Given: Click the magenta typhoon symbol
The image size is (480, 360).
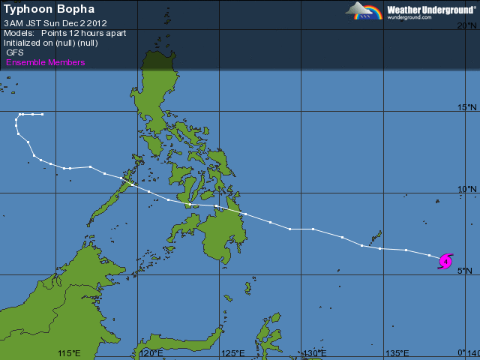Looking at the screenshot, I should coord(445,261).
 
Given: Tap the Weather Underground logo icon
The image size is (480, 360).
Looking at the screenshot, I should coord(364,10).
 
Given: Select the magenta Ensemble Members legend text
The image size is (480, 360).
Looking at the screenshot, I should coord(46,62).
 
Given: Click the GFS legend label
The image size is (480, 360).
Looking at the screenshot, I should coord(15,52).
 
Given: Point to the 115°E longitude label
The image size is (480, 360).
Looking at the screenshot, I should coord(69,353).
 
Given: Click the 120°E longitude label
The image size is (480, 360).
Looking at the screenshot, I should coord(151,353).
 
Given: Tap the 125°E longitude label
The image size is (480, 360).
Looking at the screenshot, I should coord(232,353).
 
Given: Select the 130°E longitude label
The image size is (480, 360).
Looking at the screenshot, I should coord(314,353).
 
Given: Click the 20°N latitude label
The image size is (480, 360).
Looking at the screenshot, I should coord(466,25).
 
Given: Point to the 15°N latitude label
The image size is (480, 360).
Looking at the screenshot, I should coord(466,107).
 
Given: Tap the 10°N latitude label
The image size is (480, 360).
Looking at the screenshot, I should coord(466,189).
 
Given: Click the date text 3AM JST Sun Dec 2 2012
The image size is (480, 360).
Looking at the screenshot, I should coord(55,23).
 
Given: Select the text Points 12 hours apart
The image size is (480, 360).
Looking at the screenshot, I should coord(83,33).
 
